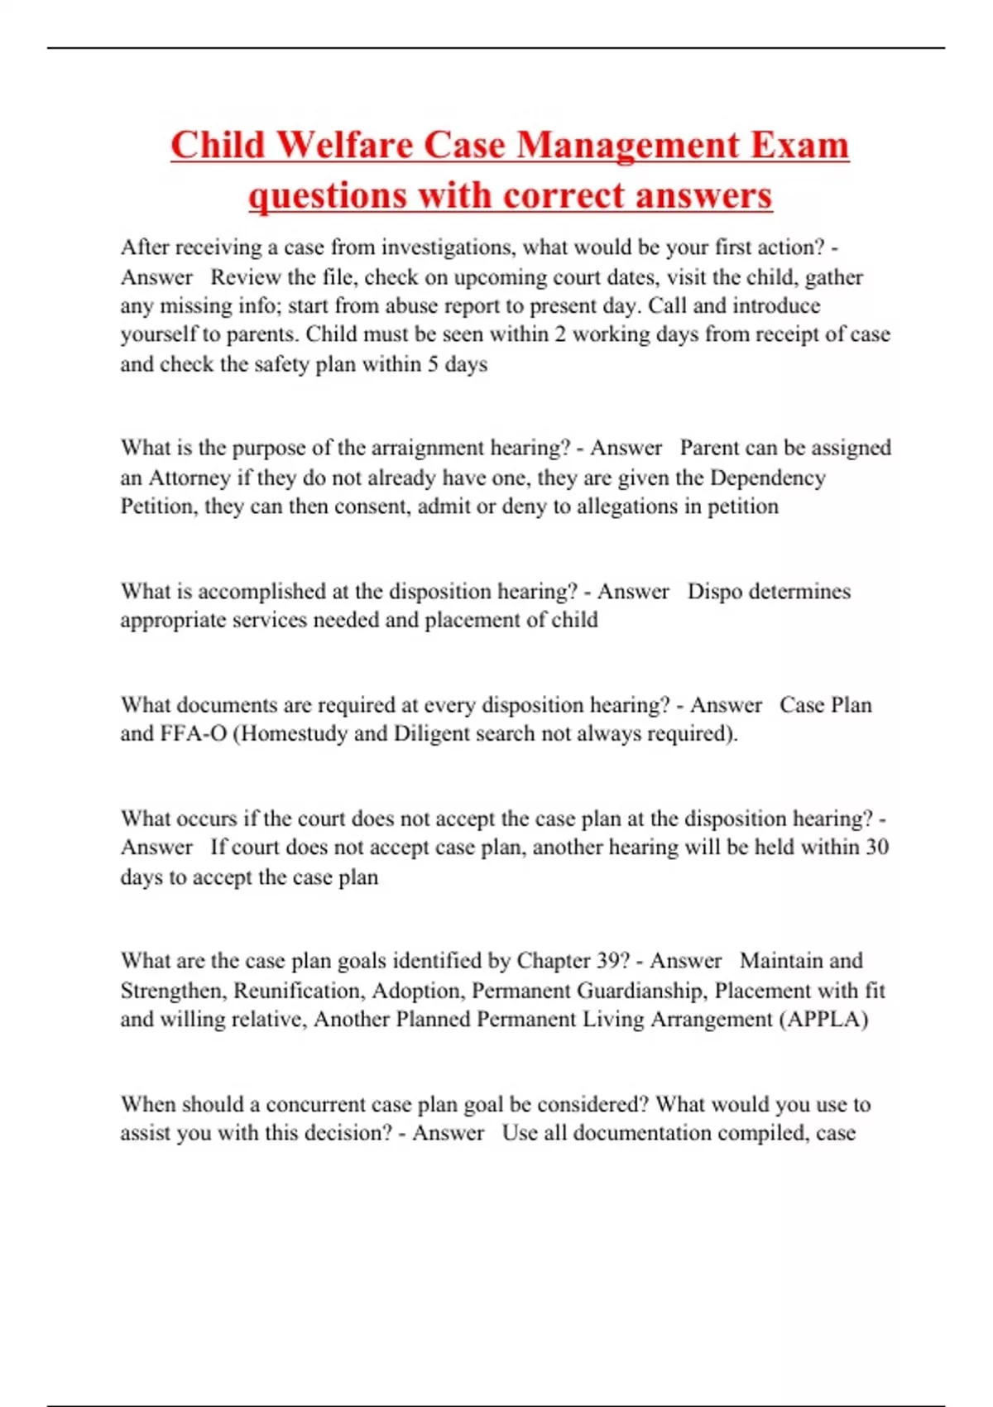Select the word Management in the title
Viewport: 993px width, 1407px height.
pos(629,146)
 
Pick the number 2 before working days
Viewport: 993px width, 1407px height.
pos(560,334)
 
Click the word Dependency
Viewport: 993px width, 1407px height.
pos(768,478)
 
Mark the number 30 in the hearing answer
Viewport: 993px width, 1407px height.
pos(876,847)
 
